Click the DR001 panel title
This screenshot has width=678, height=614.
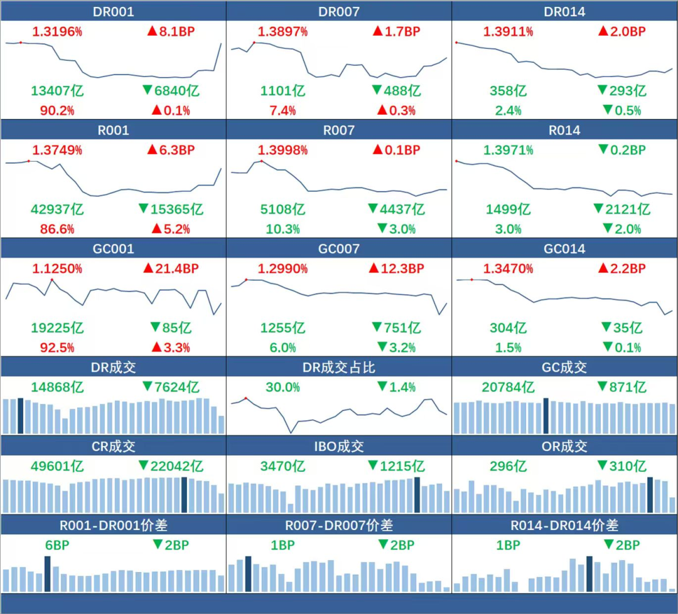coord(113,12)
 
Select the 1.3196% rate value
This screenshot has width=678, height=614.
coord(57,31)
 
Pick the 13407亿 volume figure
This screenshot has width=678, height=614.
coord(57,91)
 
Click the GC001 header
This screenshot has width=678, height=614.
coord(113,249)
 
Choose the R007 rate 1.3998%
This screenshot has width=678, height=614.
coord(282,150)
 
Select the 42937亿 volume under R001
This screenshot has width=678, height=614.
coord(57,209)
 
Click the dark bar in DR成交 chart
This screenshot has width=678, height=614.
coord(21,415)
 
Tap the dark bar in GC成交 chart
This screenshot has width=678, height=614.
coord(546,415)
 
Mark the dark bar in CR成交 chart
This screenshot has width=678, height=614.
coord(184,495)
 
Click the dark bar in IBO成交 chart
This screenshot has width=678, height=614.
coord(417,495)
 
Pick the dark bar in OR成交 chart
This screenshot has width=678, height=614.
coord(650,495)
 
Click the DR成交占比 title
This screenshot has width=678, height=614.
coord(339,368)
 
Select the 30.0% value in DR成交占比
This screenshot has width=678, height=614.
coord(282,387)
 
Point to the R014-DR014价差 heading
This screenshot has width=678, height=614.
coord(565,525)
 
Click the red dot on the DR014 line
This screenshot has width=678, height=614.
coord(456,43)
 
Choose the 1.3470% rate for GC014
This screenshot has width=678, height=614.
coord(508,268)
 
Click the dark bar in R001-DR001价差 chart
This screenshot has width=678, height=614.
coord(48,573)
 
